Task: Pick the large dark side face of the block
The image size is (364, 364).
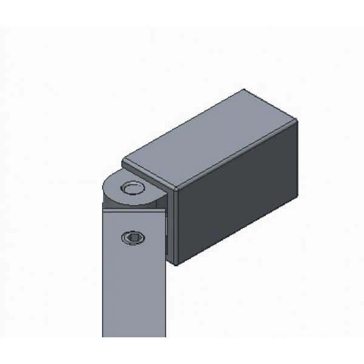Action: pos(237,194)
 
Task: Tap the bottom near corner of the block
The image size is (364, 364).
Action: pos(175,265)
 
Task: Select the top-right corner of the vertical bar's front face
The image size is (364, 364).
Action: pos(164,211)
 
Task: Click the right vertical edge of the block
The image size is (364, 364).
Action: pos(300,161)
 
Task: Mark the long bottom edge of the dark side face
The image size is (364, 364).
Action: pos(237,232)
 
